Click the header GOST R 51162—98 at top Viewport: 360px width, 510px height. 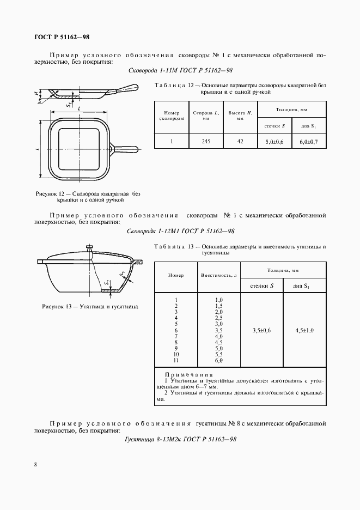pyautogui.click(x=62, y=37)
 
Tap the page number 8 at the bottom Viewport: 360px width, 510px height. pyautogui.click(x=35, y=464)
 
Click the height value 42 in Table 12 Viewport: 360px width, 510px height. pyautogui.click(x=239, y=141)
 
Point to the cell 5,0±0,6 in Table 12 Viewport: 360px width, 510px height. pyautogui.click(x=274, y=141)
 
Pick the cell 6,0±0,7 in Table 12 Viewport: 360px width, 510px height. pyautogui.click(x=308, y=141)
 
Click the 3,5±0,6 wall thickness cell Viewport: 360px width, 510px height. pyautogui.click(x=262, y=330)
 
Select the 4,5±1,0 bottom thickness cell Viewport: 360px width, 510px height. pyautogui.click(x=304, y=330)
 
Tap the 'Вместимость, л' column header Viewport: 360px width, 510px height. pyautogui.click(x=219, y=275)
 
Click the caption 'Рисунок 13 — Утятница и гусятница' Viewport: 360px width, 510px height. pyautogui.click(x=90, y=307)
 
